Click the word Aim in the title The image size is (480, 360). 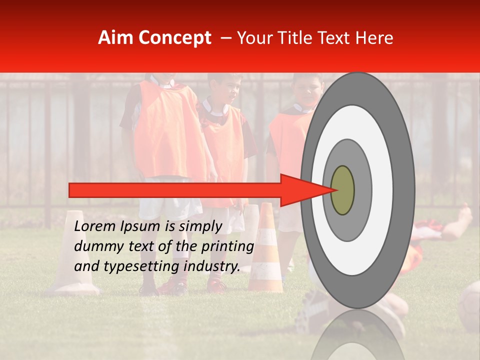[x=115, y=38]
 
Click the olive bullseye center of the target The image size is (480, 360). [x=342, y=190]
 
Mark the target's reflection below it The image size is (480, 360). [x=358, y=335]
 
